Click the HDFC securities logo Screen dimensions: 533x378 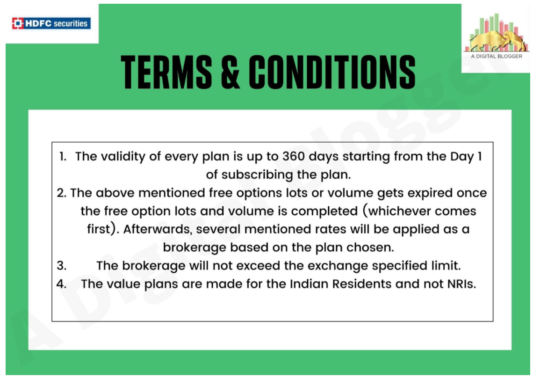coord(51,23)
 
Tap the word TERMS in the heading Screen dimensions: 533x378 coord(166,72)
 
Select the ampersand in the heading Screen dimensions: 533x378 coord(230,72)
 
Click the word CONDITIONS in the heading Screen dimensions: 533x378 coord(332,72)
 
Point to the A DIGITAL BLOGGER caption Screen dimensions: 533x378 coord(496,56)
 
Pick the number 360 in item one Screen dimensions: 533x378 coord(293,156)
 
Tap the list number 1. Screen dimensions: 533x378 coord(63,157)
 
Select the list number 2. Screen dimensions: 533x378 coord(62,193)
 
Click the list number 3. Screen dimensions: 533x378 coord(62,265)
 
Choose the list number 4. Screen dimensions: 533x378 coord(62,284)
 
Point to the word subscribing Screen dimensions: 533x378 coord(257,175)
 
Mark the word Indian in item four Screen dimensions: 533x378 coord(309,284)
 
